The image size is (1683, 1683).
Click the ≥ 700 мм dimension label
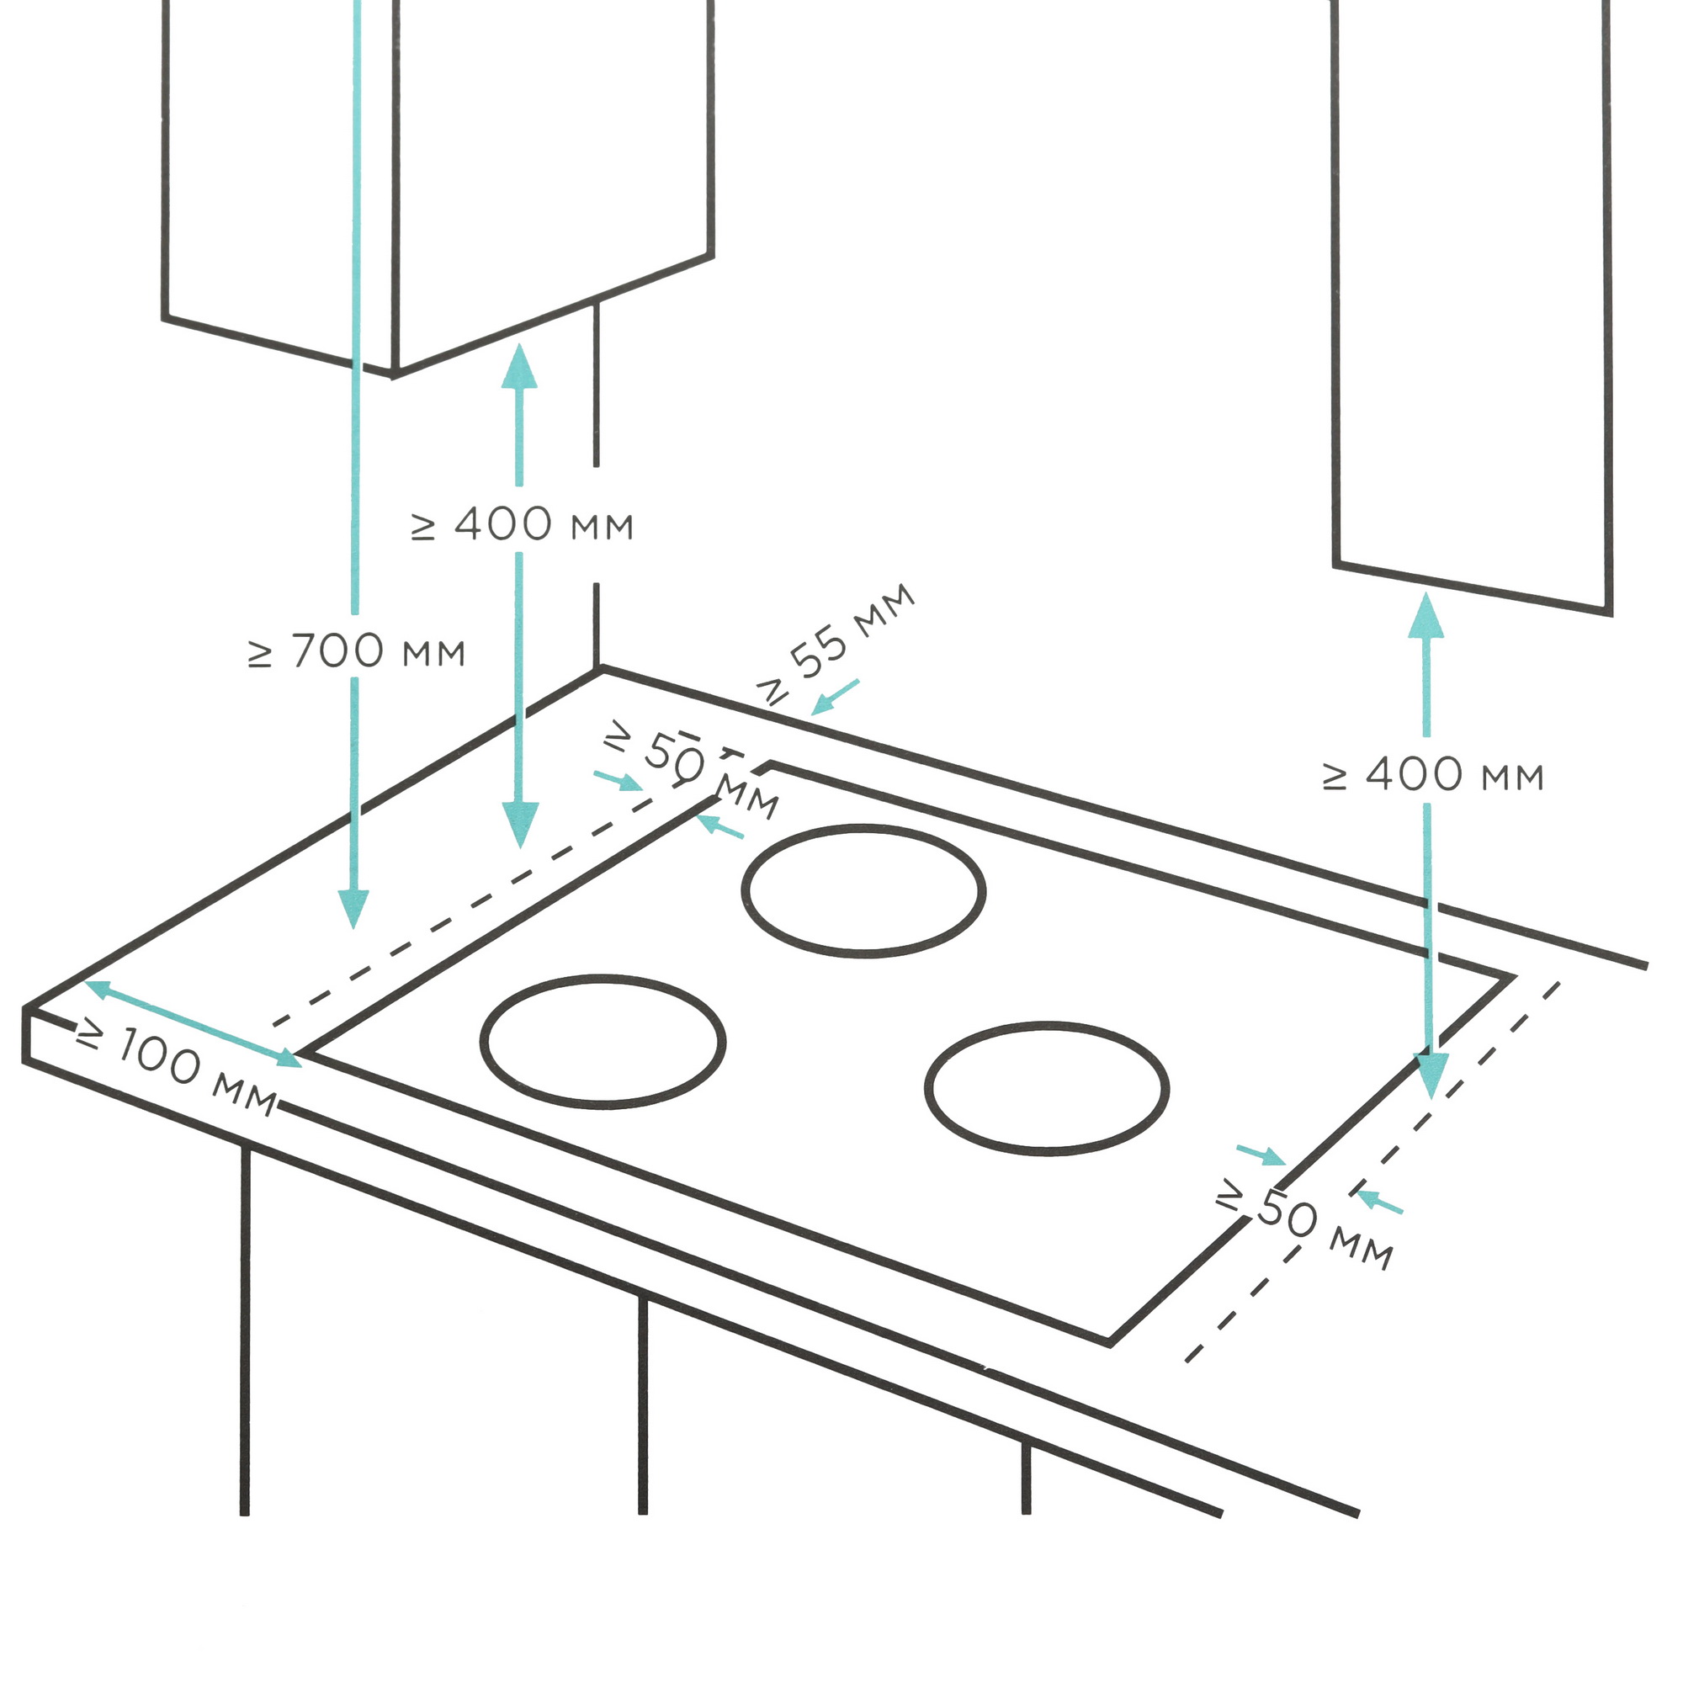[356, 651]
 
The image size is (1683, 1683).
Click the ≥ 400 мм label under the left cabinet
[522, 524]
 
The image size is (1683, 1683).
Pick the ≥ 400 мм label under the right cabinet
[1433, 775]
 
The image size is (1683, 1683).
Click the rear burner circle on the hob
[863, 891]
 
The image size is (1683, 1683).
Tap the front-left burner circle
[602, 1042]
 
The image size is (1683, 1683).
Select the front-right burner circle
[1046, 1089]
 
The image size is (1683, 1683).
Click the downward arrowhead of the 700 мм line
[353, 910]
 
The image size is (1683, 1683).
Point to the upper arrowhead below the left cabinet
[520, 366]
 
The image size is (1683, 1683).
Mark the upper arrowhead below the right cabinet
[1426, 615]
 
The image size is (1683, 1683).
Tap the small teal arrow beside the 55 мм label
[835, 698]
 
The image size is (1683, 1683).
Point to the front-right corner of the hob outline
[1109, 1343]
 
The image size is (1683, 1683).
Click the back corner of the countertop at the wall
[600, 669]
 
